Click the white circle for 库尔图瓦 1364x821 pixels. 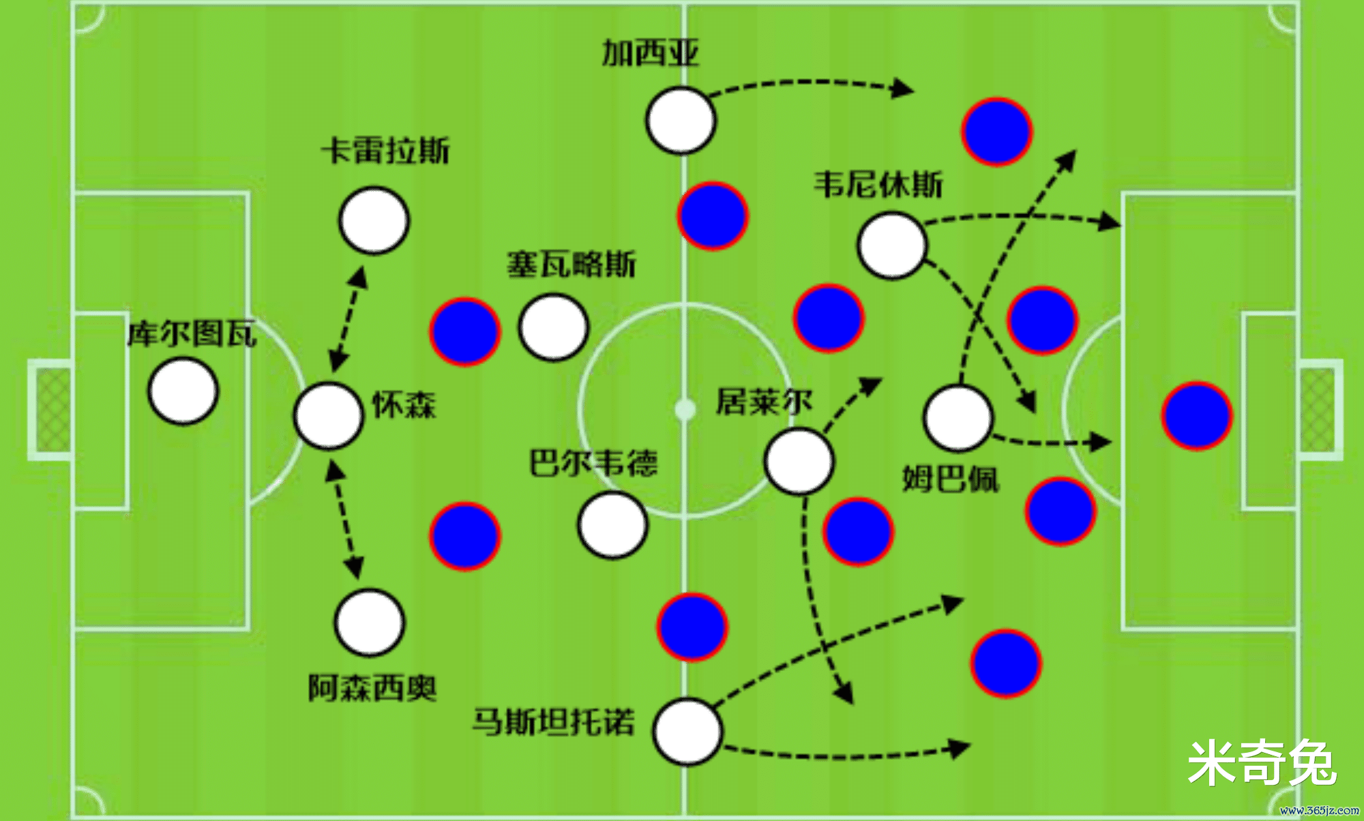pos(183,391)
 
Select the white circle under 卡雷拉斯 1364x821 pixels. pos(374,220)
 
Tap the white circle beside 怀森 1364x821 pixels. pos(328,415)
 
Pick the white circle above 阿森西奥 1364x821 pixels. pos(370,623)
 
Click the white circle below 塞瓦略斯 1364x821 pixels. pos(553,327)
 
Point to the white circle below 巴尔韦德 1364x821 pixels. pos(612,524)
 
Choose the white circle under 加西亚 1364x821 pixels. pos(680,120)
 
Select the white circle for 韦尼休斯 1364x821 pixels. pos(891,245)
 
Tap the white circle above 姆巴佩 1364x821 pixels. pos(957,418)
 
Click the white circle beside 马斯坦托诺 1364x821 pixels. pos(687,731)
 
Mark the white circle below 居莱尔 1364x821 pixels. pos(799,461)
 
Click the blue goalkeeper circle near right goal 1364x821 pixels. pos(1197,415)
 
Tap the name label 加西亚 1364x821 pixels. pos(650,53)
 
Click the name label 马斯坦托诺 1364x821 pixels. pos(553,721)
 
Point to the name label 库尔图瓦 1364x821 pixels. pos(192,334)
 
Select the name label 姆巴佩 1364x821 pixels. pos(951,479)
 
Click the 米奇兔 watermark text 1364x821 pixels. pos(1261,762)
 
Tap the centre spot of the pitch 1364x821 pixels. pos(685,409)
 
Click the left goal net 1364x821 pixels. pos(53,409)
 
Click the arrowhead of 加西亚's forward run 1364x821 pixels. pos(904,89)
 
